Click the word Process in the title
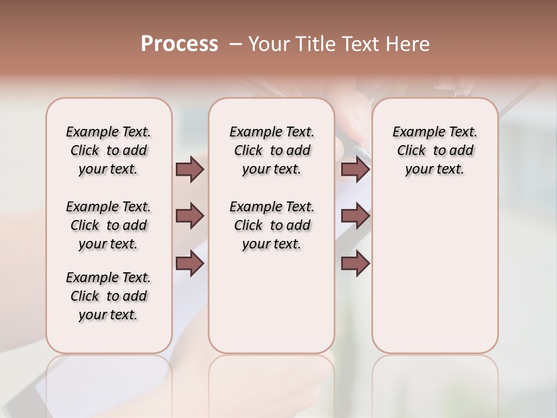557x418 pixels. [179, 44]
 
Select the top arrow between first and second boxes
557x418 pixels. [190, 170]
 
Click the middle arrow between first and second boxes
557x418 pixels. [190, 217]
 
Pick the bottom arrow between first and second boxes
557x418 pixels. [190, 264]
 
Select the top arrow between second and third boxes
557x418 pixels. [355, 170]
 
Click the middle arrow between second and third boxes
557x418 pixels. [355, 217]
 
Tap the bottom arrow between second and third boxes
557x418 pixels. [355, 264]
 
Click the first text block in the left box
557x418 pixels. [108, 150]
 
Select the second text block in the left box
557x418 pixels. [108, 225]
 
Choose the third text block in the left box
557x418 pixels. [108, 296]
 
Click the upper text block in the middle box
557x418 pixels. [272, 150]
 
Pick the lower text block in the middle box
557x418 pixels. [272, 225]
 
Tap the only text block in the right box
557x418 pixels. [435, 150]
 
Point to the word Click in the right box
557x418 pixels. [411, 151]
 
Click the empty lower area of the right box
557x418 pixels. [435, 279]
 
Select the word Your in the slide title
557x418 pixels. [267, 44]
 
